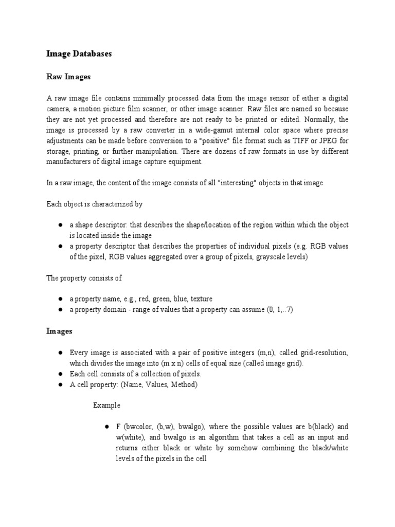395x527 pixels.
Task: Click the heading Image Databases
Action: coord(79,53)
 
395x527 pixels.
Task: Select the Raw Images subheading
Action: coord(68,76)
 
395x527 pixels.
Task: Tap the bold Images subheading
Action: coord(60,331)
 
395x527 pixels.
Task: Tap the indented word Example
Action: coord(106,405)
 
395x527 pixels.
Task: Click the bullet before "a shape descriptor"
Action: coord(60,225)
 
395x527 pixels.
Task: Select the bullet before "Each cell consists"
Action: coord(60,374)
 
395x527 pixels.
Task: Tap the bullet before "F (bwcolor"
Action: coord(106,427)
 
